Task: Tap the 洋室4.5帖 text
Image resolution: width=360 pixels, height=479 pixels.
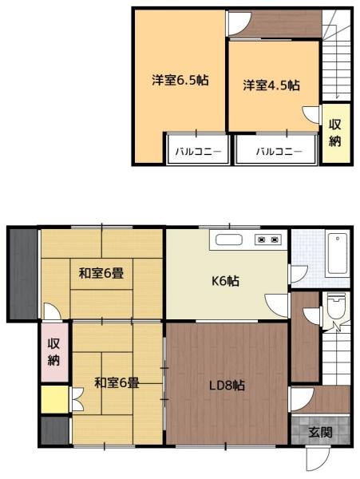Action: point(271,85)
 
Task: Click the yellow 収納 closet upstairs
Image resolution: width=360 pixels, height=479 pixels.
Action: point(335,133)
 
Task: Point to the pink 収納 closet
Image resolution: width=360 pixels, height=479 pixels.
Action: point(53,351)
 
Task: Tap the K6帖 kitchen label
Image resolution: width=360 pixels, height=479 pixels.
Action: point(224,280)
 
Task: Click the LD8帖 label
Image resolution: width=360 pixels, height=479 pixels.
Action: point(227,385)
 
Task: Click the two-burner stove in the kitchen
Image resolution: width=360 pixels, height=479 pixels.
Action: point(266,239)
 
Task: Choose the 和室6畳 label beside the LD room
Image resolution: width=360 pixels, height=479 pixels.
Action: point(117,383)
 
